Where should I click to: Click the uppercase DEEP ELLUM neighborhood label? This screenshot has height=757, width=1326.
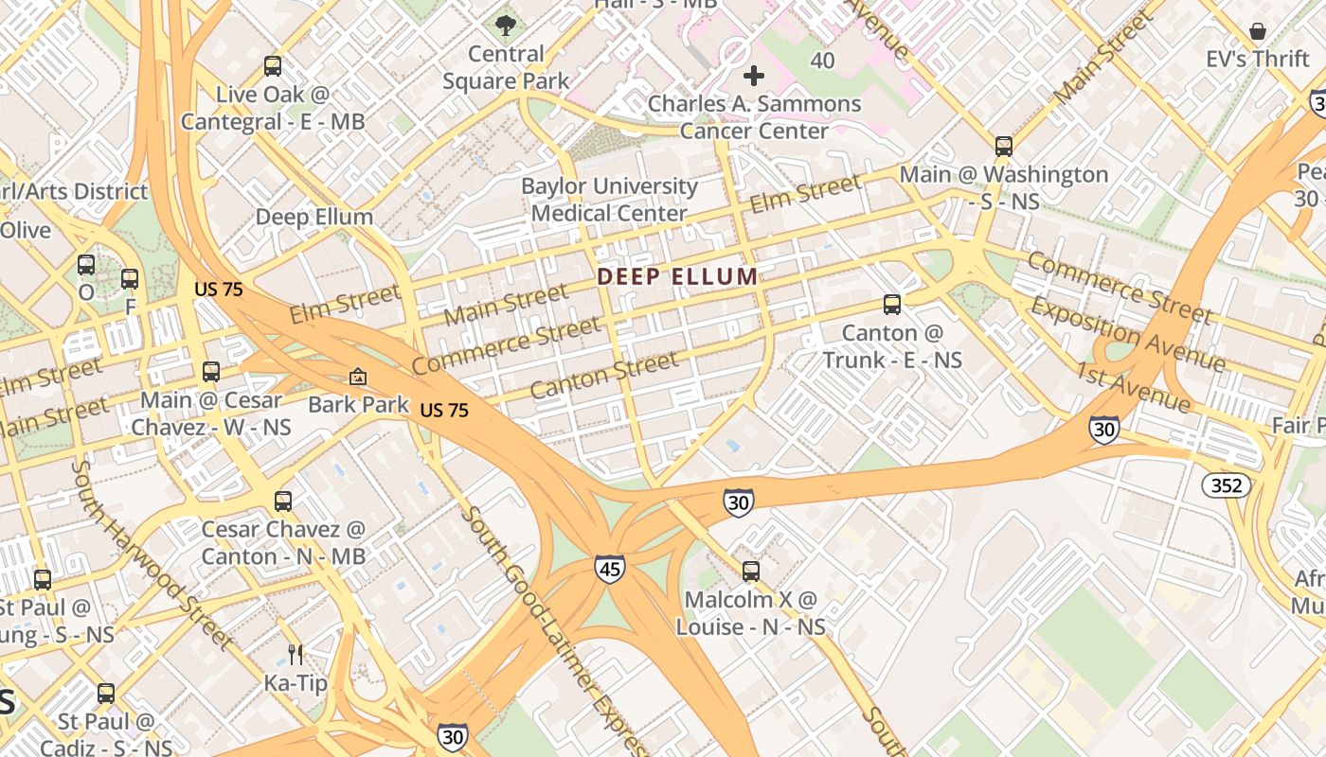tap(677, 277)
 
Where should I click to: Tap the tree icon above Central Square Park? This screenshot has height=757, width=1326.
tap(506, 26)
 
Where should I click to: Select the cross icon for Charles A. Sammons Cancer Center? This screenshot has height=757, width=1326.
tap(754, 76)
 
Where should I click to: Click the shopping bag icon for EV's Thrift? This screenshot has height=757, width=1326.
tap(1257, 31)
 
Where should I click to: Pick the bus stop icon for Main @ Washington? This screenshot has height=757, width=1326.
tap(1004, 147)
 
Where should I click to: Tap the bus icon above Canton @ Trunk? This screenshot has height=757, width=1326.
tap(892, 305)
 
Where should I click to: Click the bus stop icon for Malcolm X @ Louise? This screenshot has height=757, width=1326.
tap(751, 572)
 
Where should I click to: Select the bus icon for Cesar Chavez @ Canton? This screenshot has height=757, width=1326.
tap(283, 502)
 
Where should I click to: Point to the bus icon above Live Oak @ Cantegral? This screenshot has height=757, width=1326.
tap(273, 66)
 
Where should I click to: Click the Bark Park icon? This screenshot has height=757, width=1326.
tap(358, 377)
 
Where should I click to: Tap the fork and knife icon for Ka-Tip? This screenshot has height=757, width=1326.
tap(296, 654)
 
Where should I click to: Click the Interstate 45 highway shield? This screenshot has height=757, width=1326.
tap(610, 569)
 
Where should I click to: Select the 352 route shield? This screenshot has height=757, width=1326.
tap(1227, 486)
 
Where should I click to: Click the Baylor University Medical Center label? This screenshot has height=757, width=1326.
tap(609, 200)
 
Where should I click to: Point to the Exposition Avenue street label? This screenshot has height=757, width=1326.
tap(1127, 335)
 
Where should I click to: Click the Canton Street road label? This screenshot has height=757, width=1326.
tap(604, 375)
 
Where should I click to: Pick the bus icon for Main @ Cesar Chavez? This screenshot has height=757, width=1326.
tap(211, 372)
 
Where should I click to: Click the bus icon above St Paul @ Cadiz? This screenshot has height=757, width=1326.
tap(106, 694)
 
